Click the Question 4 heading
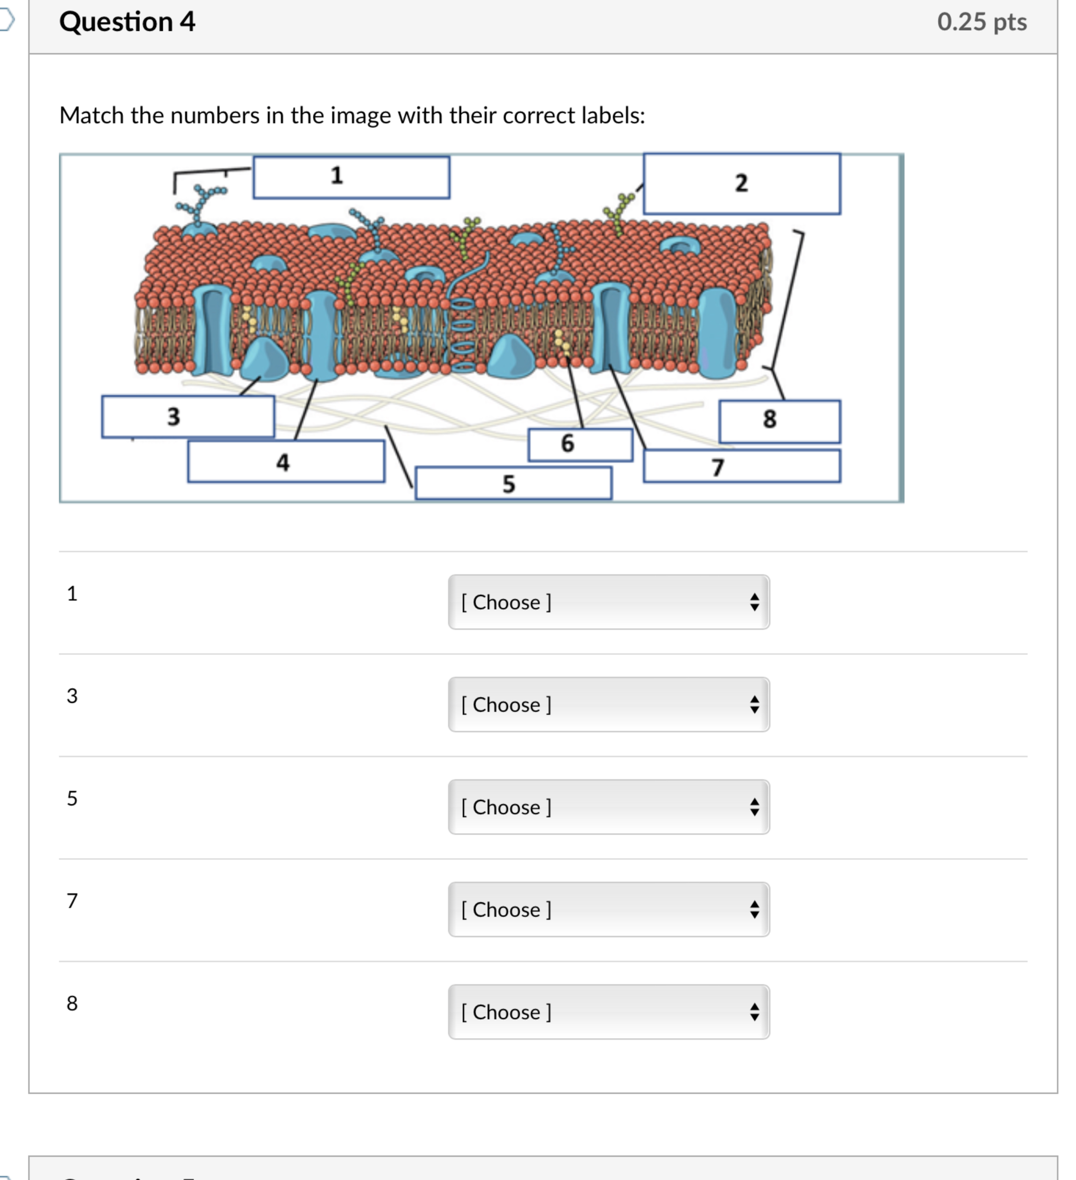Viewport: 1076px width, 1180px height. (127, 22)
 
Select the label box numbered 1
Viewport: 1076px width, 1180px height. (351, 177)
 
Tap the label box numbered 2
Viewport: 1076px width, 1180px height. (742, 184)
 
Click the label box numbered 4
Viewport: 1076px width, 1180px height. (286, 462)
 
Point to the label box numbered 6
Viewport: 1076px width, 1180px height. (580, 445)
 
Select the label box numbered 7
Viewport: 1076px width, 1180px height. (742, 467)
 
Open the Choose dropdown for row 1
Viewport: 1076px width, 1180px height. (609, 602)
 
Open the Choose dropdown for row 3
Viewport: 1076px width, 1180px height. (609, 705)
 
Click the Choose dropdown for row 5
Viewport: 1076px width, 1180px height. (609, 807)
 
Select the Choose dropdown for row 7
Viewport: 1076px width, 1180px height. (609, 910)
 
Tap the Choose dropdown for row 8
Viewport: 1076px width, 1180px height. (609, 1012)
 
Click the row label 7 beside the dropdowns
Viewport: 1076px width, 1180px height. (72, 901)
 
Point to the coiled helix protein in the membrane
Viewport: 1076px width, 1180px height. (463, 334)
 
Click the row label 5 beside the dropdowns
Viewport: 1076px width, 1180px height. (72, 798)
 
